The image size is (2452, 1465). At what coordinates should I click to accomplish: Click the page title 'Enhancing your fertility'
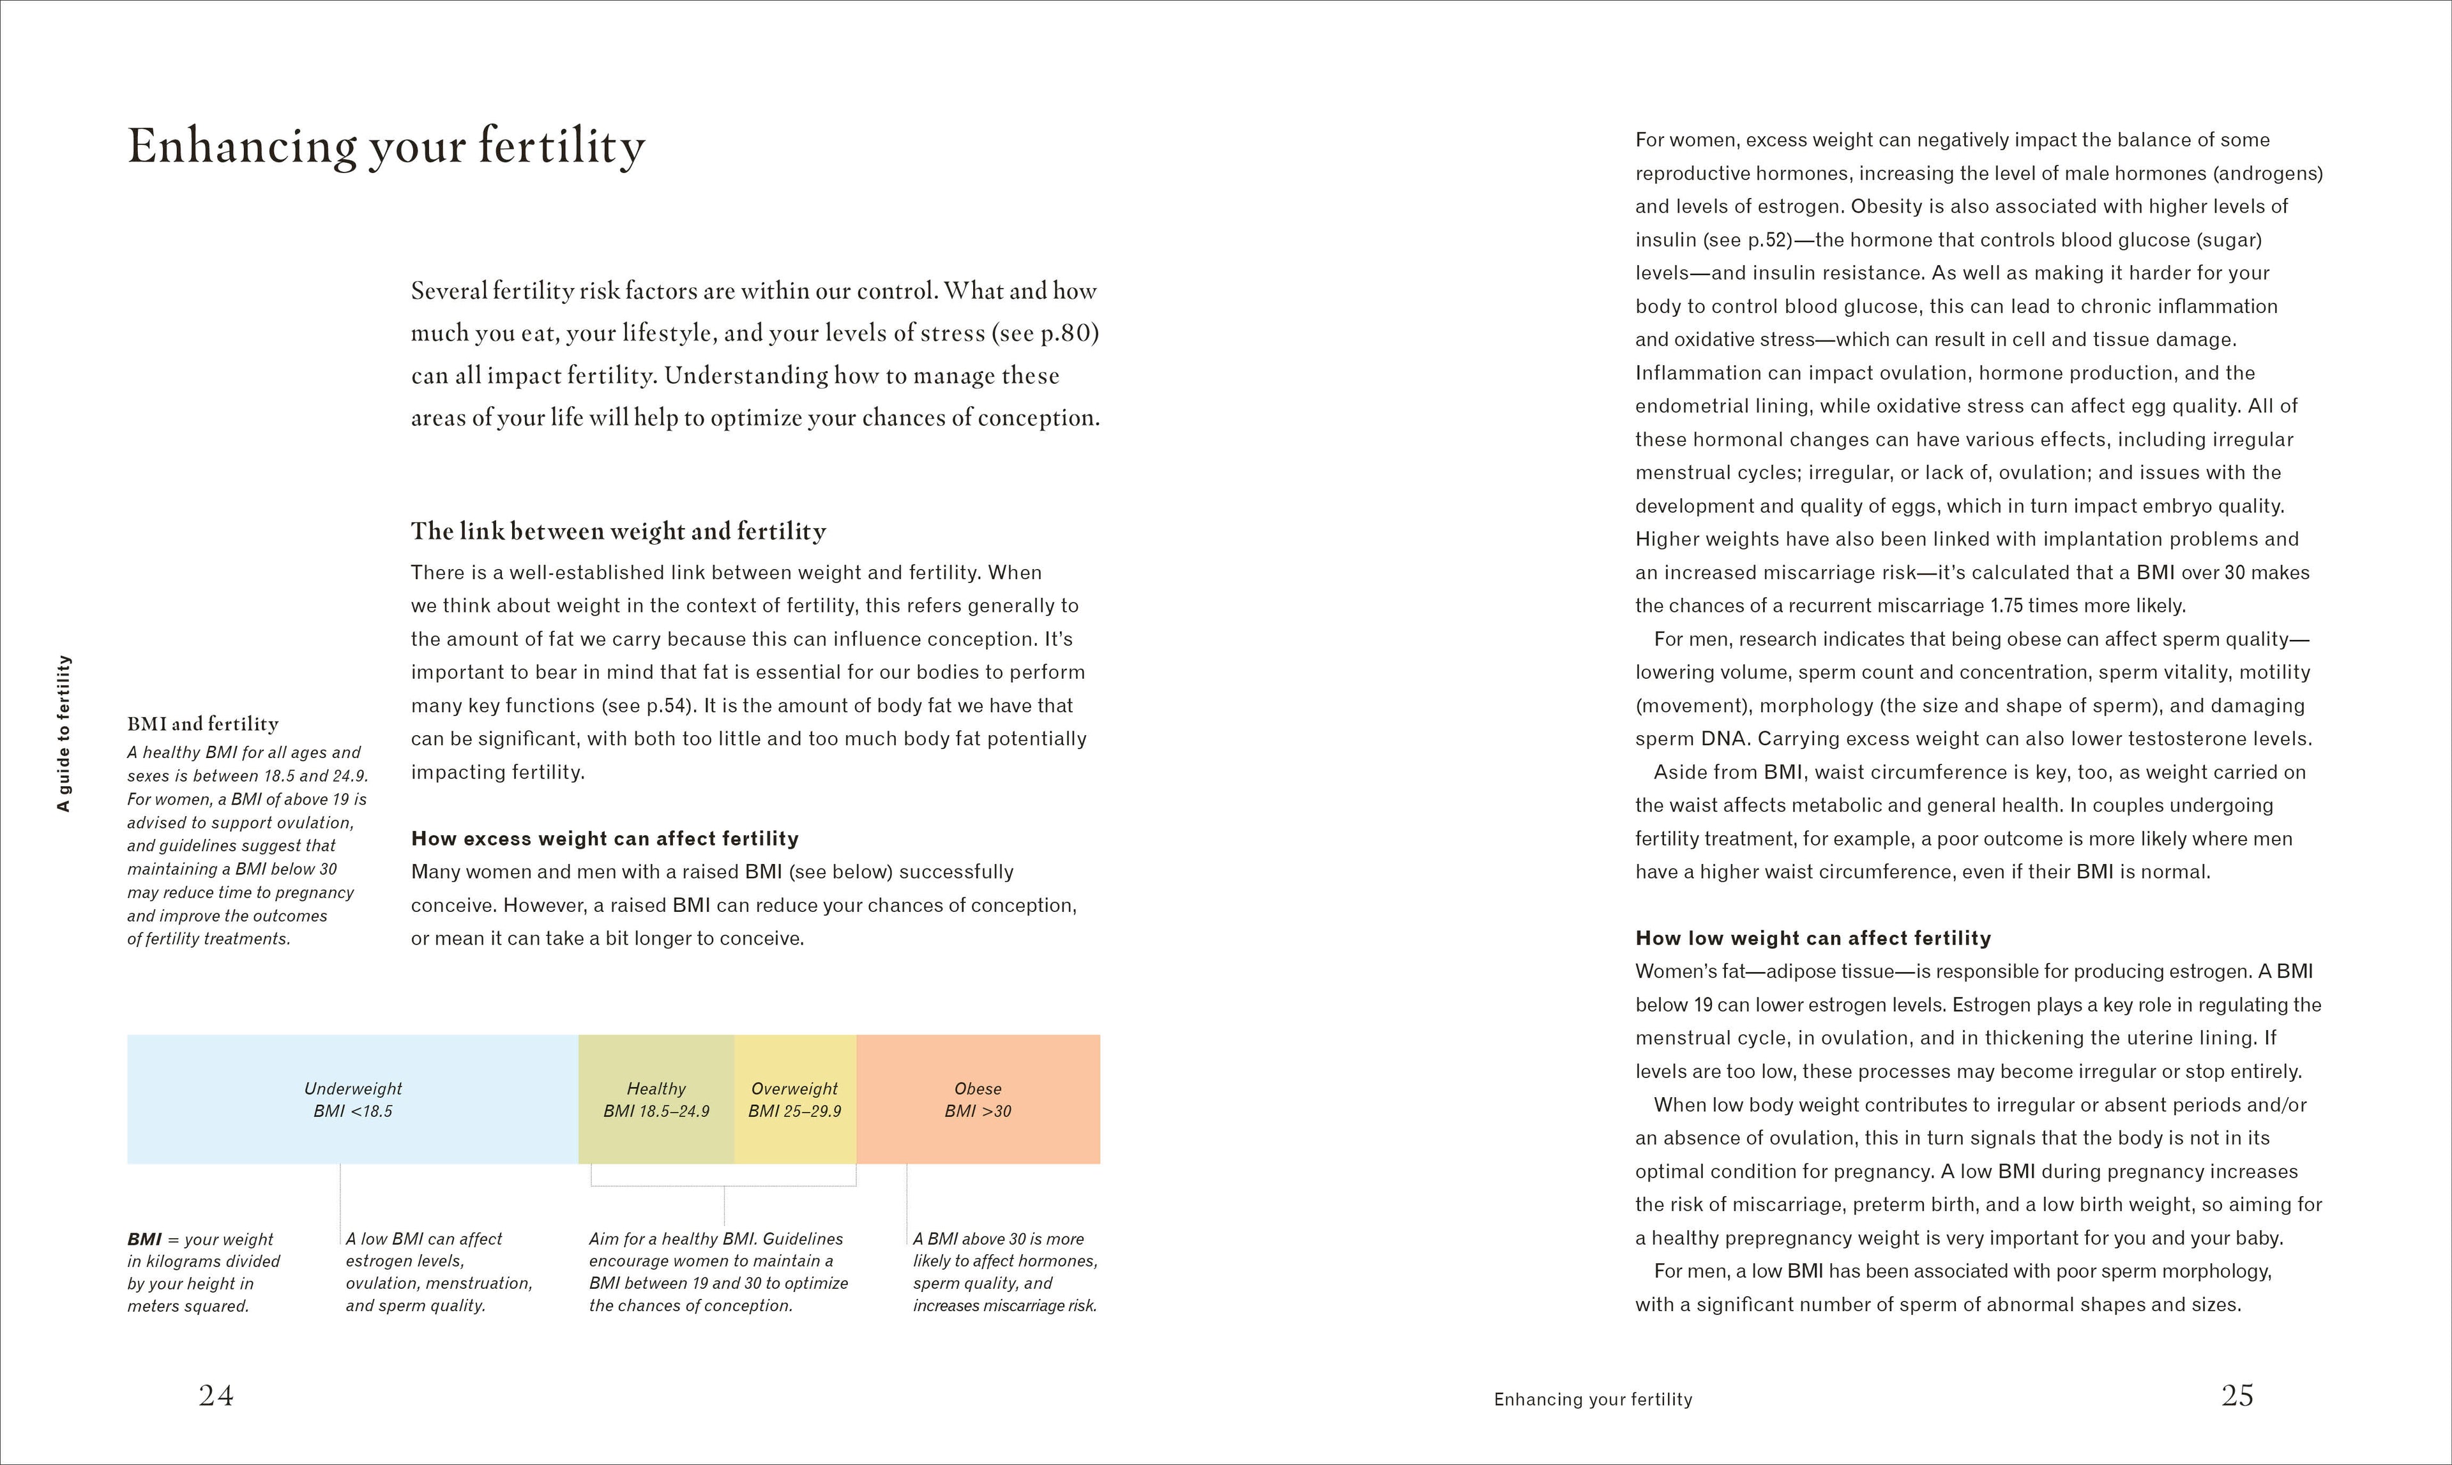click(386, 147)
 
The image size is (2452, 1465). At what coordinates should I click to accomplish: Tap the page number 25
click(2237, 1395)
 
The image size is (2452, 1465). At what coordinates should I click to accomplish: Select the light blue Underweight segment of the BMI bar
click(352, 1098)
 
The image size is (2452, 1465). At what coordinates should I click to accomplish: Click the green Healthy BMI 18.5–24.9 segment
click(655, 1098)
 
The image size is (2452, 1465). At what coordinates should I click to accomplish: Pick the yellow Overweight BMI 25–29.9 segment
click(794, 1098)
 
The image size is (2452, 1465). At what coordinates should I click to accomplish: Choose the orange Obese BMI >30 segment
click(977, 1098)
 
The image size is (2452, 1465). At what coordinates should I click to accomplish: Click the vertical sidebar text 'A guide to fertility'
click(64, 732)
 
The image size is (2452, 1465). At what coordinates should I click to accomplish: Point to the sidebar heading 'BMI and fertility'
click(202, 724)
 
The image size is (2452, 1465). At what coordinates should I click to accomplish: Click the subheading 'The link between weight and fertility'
click(618, 531)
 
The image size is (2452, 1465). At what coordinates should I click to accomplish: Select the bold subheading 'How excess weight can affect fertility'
click(604, 838)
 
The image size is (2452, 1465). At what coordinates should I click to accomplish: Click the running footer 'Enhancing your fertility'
click(1593, 1399)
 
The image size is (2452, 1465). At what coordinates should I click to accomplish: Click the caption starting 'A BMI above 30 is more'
click(1004, 1271)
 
